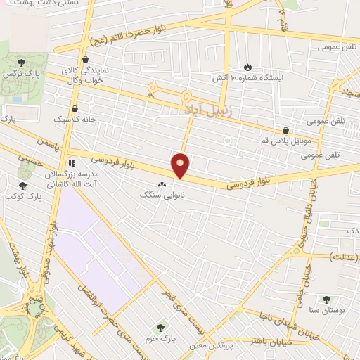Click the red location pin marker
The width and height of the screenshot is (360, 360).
pyautogui.click(x=181, y=165)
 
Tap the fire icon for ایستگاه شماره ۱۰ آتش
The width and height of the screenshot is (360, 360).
pyautogui.click(x=247, y=66)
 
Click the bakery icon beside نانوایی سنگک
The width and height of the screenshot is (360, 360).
pyautogui.click(x=163, y=184)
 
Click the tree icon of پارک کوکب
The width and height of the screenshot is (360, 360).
pyautogui.click(x=22, y=186)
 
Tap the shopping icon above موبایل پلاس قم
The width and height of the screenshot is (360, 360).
pyautogui.click(x=285, y=129)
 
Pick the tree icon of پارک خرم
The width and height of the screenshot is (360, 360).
pyautogui.click(x=162, y=327)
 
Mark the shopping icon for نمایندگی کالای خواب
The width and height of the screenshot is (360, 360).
pyautogui.click(x=85, y=60)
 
